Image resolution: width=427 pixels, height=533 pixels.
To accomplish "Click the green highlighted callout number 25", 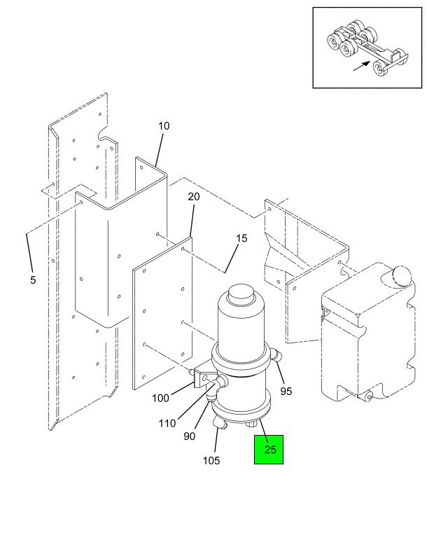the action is (270, 450).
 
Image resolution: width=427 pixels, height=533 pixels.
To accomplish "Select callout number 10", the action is (164, 126).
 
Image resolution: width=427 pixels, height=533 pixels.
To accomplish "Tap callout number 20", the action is (194, 197).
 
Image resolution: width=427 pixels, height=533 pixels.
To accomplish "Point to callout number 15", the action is (241, 238).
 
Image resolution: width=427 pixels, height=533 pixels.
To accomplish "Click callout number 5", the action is (33, 280).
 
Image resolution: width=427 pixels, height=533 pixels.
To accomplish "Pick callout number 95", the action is (286, 392).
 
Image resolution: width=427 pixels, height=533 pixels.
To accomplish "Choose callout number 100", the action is (160, 398).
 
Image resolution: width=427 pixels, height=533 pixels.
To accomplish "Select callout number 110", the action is (167, 423).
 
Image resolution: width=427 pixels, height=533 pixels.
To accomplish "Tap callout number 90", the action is (189, 436).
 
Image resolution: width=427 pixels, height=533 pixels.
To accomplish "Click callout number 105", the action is (211, 461).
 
